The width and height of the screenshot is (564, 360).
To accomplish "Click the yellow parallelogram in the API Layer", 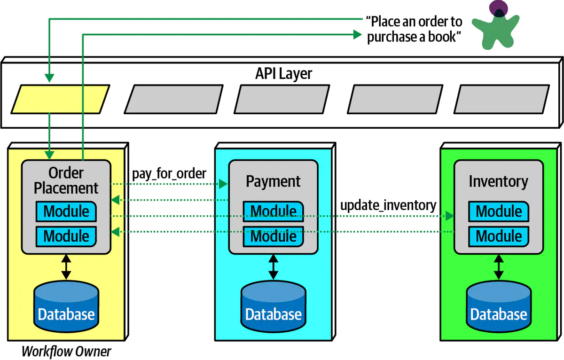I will pyautogui.click(x=60, y=99).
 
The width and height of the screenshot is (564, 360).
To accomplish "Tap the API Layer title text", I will pyautogui.click(x=283, y=74).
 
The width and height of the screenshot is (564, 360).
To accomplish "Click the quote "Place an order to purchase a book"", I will pyautogui.click(x=414, y=29).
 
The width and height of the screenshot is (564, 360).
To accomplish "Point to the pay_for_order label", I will pyautogui.click(x=169, y=173).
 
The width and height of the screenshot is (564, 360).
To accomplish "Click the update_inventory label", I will pyautogui.click(x=388, y=205).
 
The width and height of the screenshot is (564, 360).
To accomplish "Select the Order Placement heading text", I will pyautogui.click(x=66, y=180).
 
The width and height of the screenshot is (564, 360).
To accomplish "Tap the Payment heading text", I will pyautogui.click(x=273, y=181).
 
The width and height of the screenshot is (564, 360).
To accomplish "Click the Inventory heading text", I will pyautogui.click(x=498, y=181).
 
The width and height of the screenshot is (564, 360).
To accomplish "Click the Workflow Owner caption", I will pyautogui.click(x=66, y=352).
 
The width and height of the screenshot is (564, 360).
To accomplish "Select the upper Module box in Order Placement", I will pyautogui.click(x=66, y=211).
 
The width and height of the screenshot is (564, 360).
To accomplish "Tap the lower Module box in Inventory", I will pyautogui.click(x=499, y=236).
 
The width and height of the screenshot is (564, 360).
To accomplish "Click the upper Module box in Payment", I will pyautogui.click(x=273, y=211).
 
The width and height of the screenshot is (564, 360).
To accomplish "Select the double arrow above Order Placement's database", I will pyautogui.click(x=66, y=267).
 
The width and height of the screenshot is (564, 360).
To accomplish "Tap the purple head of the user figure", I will pyautogui.click(x=496, y=8).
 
